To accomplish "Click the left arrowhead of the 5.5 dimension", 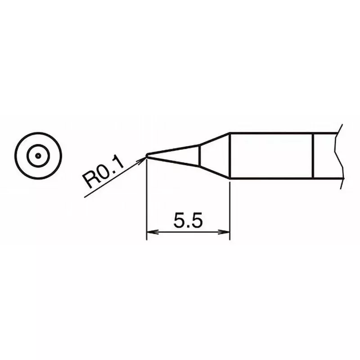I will point(150,232).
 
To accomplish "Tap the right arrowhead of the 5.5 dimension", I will point(226,232).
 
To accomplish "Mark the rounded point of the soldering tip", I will point(147,156).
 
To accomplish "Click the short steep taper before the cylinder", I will point(215,155).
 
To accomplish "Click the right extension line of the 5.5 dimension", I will point(230,207).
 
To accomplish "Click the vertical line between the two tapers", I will point(200,155).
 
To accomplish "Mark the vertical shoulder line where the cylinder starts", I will point(230,155).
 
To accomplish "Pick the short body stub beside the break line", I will point(326,155).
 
